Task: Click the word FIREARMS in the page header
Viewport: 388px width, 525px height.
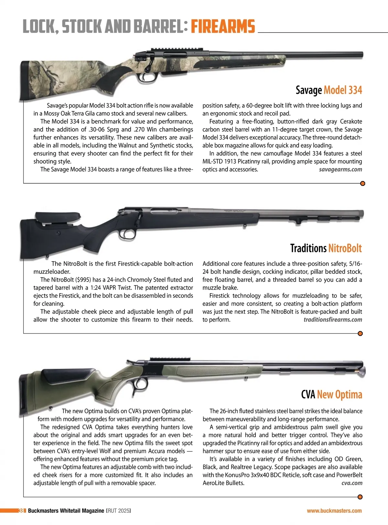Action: coord(223,26)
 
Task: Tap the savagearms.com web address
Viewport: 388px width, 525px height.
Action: coord(340,170)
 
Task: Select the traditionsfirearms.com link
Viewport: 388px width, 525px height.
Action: coord(333,320)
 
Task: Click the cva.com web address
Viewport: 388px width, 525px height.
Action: coord(352,483)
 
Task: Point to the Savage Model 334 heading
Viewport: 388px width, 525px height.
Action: coord(329,90)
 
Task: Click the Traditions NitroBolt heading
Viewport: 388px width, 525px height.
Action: coord(326,248)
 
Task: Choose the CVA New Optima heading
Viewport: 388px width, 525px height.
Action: coord(331,395)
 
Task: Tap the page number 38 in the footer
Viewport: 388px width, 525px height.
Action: coord(22,511)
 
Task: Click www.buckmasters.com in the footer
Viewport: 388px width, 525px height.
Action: coord(334,511)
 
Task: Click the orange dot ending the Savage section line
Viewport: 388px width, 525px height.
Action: coord(362,184)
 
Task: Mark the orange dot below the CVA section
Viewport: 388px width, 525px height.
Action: coord(360,497)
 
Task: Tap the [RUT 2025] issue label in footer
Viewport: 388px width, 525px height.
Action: coord(118,511)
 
